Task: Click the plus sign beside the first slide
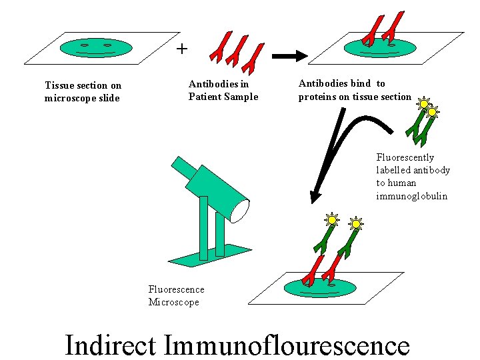click(182, 49)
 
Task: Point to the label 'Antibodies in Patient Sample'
click(223, 91)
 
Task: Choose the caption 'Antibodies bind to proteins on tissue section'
click(355, 90)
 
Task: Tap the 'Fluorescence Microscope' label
click(176, 295)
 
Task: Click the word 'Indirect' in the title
click(111, 345)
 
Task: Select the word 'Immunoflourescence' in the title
click(287, 345)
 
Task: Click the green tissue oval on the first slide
click(96, 47)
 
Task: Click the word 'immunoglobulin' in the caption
click(411, 196)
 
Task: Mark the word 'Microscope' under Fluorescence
click(173, 302)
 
